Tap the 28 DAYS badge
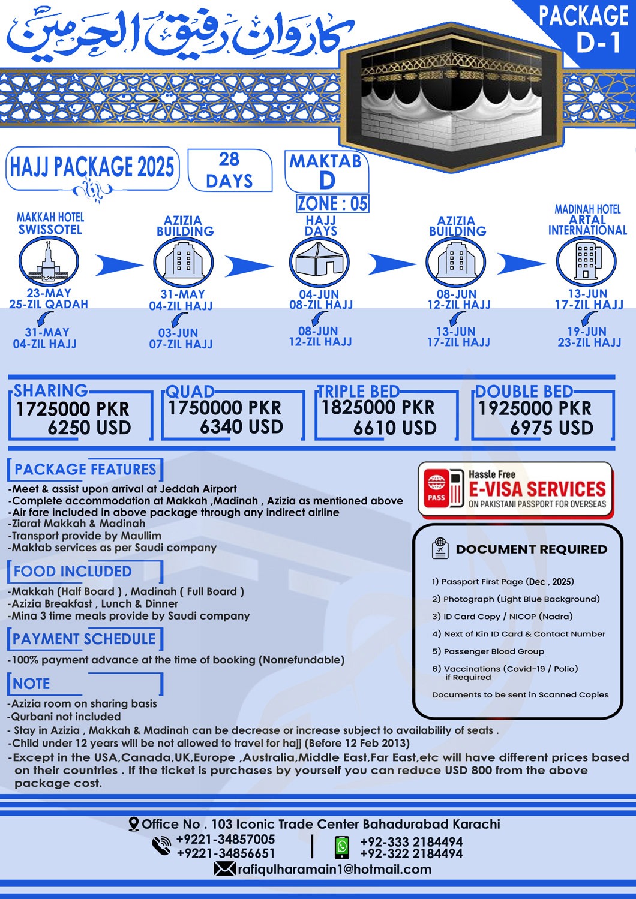pos(230,170)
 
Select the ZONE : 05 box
pos(332,203)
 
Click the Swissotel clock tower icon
pos(49,261)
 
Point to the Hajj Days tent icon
pos(319,261)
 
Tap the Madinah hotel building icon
pos(586,261)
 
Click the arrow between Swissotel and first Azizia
pos(119,265)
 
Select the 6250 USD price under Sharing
pos(89,428)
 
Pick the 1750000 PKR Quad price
pos(224,408)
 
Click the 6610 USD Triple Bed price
pos(395,428)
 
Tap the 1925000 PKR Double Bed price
pos(535,408)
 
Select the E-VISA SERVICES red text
pos(537,489)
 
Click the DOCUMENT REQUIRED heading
pos(531,549)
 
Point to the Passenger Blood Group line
pos(488,651)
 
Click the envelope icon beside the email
pos(224,869)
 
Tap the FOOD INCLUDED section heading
pos(73,571)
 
